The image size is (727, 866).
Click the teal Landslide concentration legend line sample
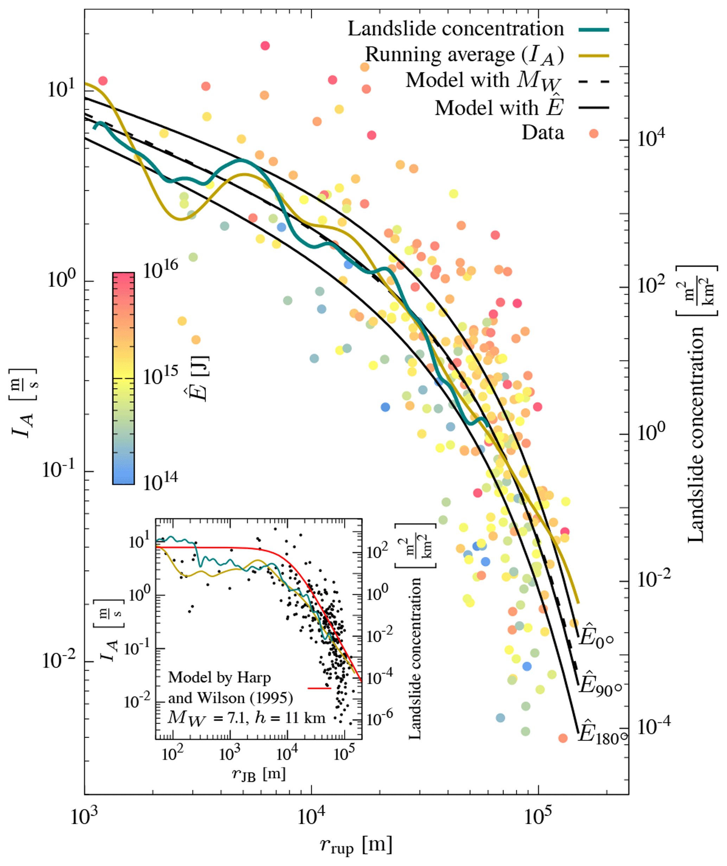point(594,30)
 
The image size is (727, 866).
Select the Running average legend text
point(464,55)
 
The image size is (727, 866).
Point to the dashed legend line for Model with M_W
point(594,82)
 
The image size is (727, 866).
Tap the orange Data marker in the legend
point(594,133)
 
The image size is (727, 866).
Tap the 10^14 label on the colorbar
point(160,481)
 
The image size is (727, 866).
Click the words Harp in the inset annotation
point(254,677)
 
